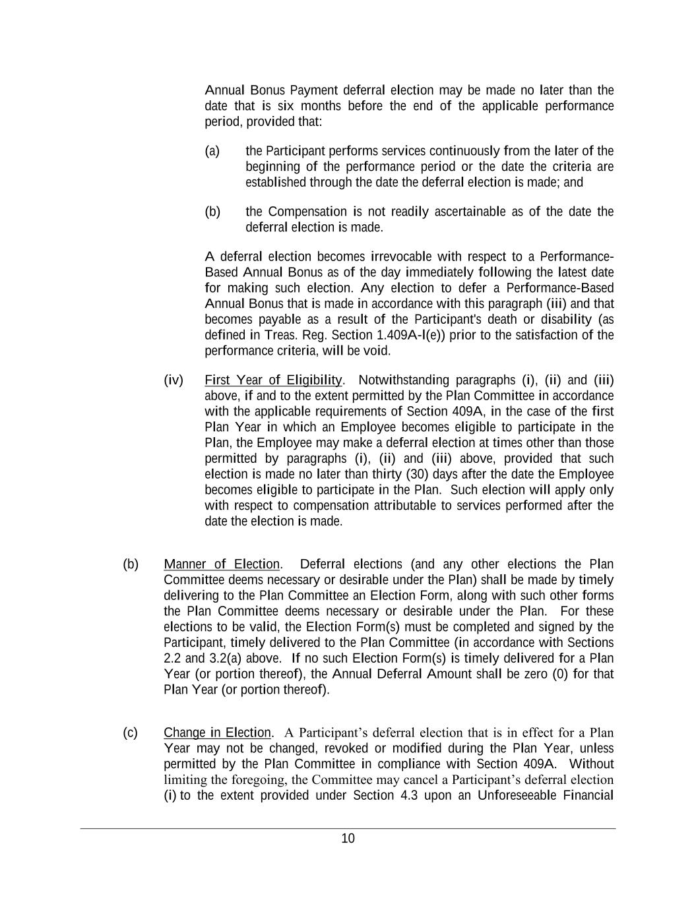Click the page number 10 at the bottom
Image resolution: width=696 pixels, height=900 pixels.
(348, 839)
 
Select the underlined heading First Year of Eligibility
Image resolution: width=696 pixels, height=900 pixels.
(273, 380)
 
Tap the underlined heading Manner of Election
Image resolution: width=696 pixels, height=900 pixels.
(222, 564)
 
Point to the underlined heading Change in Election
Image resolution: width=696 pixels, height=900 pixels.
(217, 733)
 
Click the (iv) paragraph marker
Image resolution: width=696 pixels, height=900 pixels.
(174, 380)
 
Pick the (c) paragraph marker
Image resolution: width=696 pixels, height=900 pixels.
(131, 733)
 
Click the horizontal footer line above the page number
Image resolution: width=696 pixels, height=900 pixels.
(348, 829)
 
